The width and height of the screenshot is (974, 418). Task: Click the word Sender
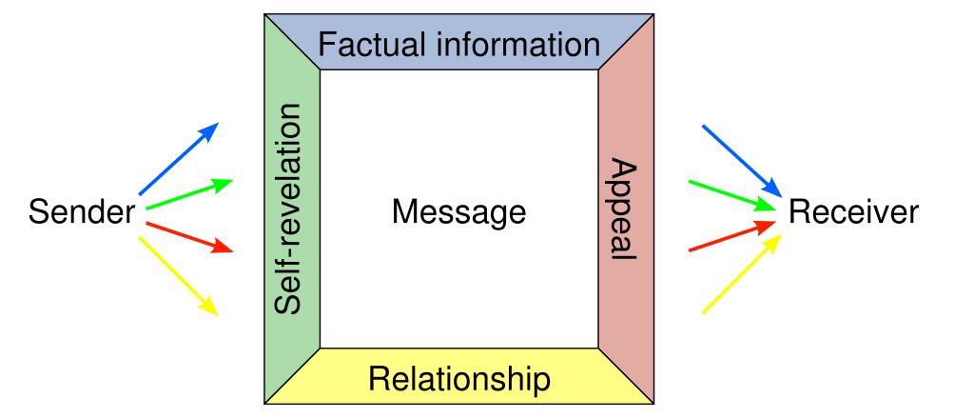[81, 212]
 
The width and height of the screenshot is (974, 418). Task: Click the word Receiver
[853, 212]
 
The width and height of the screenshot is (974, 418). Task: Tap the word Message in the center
[458, 212]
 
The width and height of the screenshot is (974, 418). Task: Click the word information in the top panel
[515, 44]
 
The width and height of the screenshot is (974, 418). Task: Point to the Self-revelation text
[292, 208]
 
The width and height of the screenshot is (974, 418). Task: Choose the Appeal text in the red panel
[625, 211]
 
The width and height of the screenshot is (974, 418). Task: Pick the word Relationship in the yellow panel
[458, 379]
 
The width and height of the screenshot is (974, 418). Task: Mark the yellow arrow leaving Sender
[179, 275]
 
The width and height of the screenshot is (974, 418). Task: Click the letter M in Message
[402, 212]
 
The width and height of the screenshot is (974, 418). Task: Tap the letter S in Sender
[37, 212]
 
